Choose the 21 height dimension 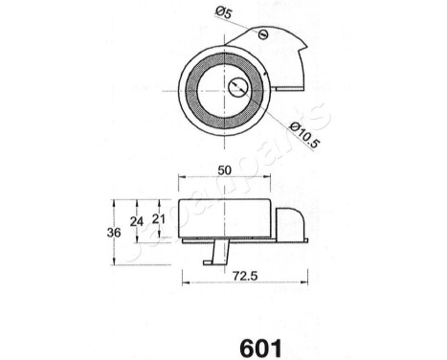pos(160,220)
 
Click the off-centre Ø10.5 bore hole pos(239,87)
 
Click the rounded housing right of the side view pos(291,225)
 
